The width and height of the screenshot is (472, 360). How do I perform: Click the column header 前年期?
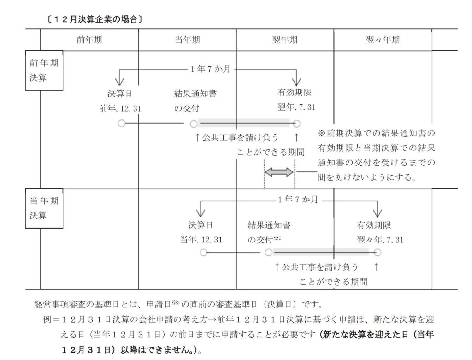pos(89,40)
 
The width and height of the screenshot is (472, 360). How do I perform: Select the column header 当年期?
pos(187,40)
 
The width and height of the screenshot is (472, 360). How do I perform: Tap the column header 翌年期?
pos(285,40)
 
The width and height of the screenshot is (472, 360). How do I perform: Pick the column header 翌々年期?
pos(383,40)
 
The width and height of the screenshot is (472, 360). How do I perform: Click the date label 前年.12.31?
pos(120,108)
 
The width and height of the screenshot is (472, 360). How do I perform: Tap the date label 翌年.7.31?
pos(296,108)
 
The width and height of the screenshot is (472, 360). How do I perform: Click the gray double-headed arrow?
pos(279,172)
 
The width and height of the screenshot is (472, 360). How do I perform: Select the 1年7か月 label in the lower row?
pos(298,200)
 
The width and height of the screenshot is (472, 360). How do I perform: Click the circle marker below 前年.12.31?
pos(121,124)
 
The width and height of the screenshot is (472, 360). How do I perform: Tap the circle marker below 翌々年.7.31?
pos(378,252)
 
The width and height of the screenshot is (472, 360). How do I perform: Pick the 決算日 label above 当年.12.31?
pos(200,225)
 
